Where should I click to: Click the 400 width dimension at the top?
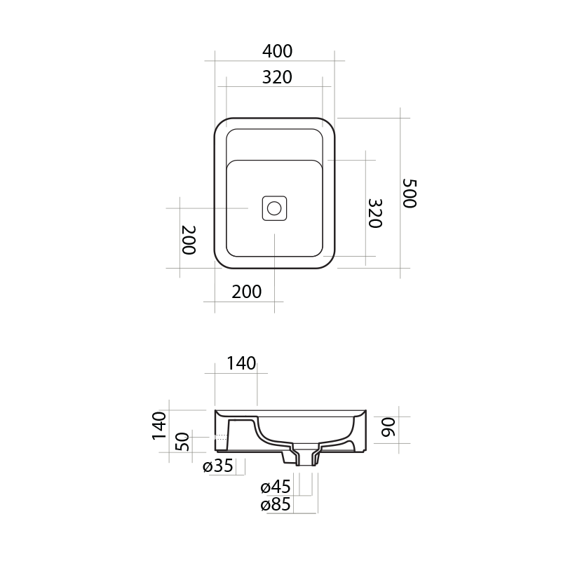pyautogui.click(x=277, y=51)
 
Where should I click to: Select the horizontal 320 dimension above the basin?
pyautogui.click(x=277, y=77)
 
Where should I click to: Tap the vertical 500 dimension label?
pyautogui.click(x=410, y=194)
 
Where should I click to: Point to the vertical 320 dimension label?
pyautogui.click(x=375, y=214)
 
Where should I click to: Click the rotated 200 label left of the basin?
pyautogui.click(x=189, y=240)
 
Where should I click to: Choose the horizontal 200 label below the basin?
pyautogui.click(x=247, y=292)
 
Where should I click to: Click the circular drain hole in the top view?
pyautogui.click(x=274, y=208)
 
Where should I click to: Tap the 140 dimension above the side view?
pyautogui.click(x=241, y=363)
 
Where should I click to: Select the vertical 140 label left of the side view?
pyautogui.click(x=159, y=426)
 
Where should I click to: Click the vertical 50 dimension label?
pyautogui.click(x=182, y=442)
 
